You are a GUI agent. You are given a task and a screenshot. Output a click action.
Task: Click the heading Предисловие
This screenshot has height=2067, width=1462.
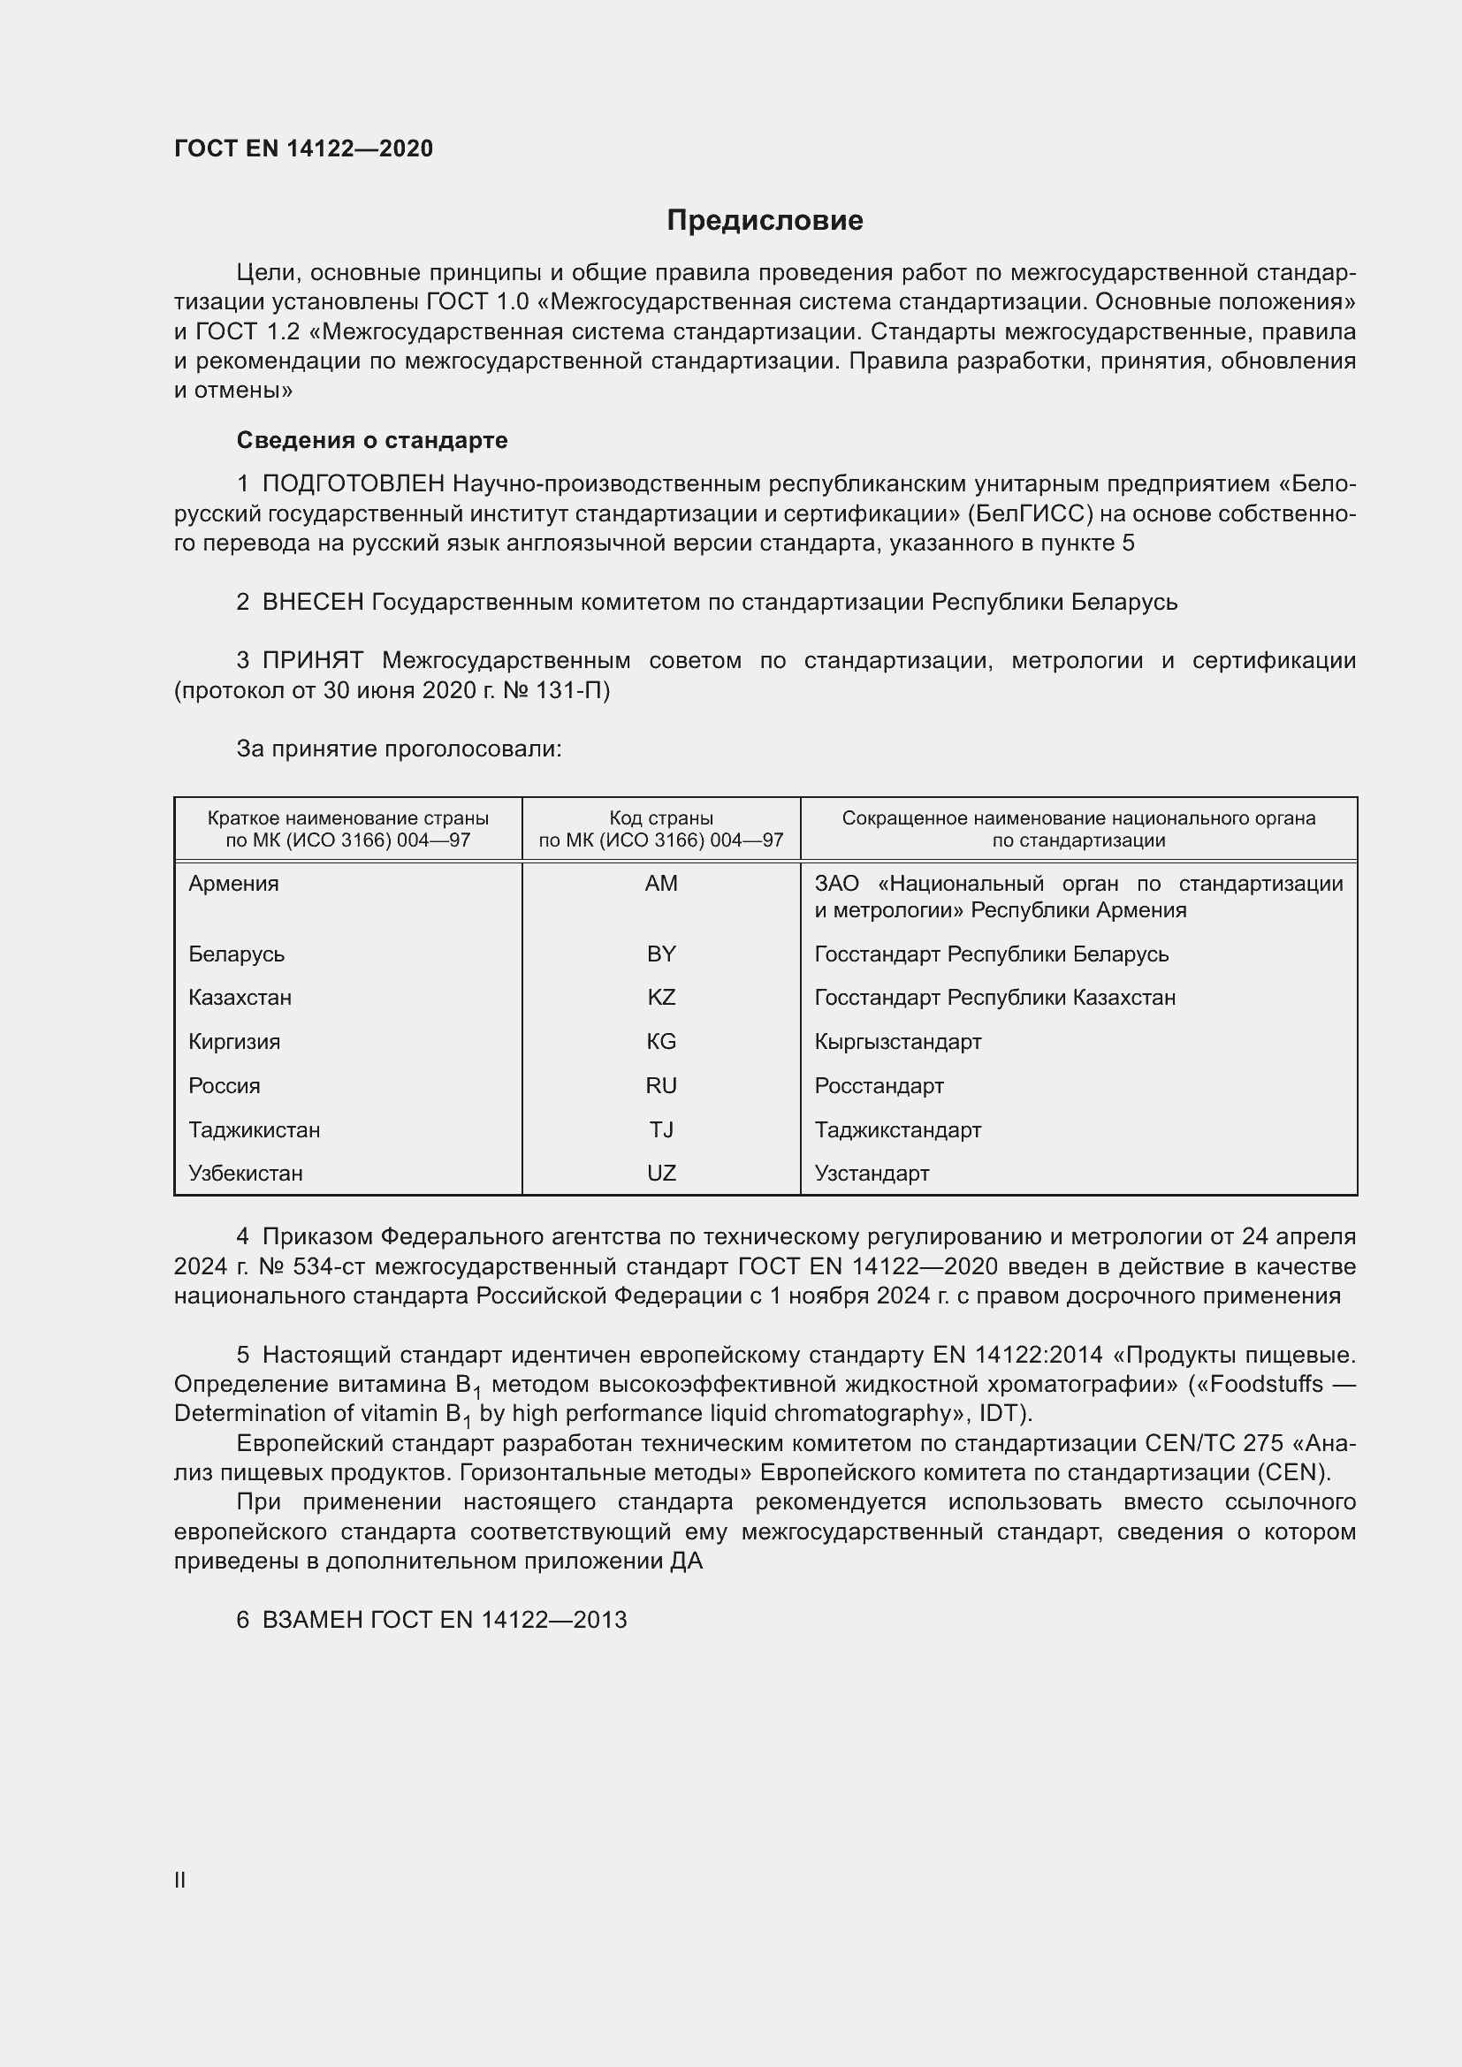click(x=765, y=221)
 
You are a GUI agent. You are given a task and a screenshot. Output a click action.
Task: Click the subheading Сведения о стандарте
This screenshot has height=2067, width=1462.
click(x=371, y=440)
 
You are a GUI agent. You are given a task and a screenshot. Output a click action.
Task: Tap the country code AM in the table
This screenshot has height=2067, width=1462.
click(x=661, y=883)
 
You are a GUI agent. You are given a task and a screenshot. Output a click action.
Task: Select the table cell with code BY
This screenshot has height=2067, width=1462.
click(x=661, y=954)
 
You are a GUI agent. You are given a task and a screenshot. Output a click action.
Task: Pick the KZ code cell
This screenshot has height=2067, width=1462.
click(x=661, y=998)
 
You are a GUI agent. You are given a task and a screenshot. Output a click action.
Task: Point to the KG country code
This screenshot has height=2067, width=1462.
click(x=661, y=1042)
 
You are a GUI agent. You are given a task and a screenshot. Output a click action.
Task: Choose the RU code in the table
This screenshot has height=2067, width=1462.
click(x=661, y=1086)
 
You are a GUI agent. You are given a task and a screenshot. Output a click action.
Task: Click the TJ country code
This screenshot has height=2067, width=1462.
click(x=661, y=1130)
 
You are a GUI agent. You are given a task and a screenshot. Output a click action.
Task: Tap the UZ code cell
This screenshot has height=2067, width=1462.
click(x=661, y=1173)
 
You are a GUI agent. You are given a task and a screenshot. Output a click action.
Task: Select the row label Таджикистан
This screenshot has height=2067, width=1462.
click(x=254, y=1130)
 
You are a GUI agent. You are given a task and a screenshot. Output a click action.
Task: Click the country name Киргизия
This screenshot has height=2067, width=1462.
click(x=234, y=1042)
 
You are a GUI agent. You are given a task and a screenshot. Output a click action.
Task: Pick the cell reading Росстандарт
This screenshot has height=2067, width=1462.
click(x=879, y=1086)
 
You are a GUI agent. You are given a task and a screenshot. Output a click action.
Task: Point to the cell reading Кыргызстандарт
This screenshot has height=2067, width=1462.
click(x=897, y=1042)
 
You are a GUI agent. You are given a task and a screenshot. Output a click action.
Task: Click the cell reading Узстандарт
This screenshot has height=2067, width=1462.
click(x=872, y=1173)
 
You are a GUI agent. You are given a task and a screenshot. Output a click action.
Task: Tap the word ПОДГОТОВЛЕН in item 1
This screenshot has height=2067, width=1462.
click(x=353, y=483)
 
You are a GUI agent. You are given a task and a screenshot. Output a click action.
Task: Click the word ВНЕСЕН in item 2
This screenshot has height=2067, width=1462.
click(x=312, y=602)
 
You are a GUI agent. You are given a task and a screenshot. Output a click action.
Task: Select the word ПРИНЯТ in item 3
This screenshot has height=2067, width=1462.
click(x=312, y=660)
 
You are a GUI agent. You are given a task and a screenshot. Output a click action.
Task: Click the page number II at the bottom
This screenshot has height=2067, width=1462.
click(x=180, y=1880)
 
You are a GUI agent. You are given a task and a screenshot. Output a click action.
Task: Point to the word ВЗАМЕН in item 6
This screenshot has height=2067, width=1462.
click(x=312, y=1620)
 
